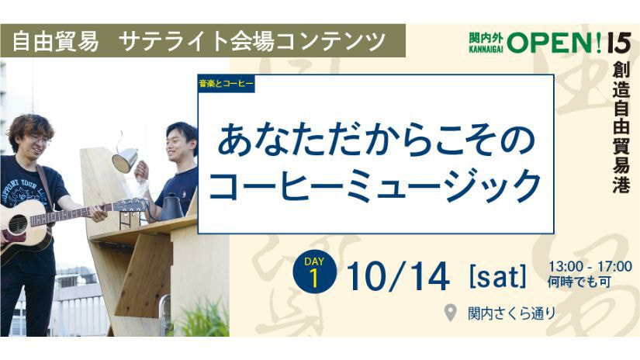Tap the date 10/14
click(398, 277)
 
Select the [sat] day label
click(497, 276)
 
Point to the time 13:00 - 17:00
click(590, 267)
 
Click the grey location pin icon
click(450, 313)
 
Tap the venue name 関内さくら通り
click(512, 313)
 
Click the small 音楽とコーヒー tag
click(226, 84)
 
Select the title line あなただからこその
click(376, 141)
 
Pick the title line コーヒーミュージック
click(375, 185)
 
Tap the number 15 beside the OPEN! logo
click(619, 43)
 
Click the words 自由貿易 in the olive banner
click(55, 41)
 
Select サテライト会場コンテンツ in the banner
click(254, 41)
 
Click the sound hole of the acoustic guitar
click(18, 224)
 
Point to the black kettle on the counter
click(170, 208)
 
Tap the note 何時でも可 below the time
click(579, 282)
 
